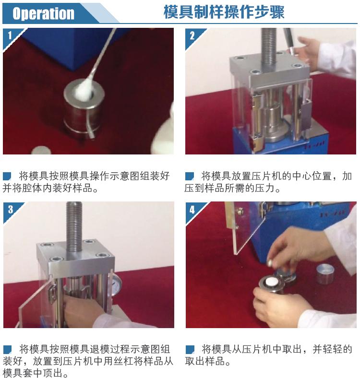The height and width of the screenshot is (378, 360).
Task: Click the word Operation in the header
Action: (x=43, y=13)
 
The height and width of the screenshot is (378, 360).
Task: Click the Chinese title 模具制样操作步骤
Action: (x=224, y=12)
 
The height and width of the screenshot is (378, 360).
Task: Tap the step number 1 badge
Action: (x=10, y=35)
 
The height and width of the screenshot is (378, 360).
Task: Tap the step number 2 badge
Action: (x=192, y=35)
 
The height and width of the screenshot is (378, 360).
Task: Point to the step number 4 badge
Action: (x=192, y=210)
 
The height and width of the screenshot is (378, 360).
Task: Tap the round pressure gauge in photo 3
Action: (x=116, y=284)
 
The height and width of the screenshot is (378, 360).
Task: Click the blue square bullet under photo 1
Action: (x=7, y=176)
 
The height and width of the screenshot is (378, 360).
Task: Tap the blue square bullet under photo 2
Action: (x=190, y=176)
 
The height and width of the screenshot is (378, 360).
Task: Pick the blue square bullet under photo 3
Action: (x=7, y=350)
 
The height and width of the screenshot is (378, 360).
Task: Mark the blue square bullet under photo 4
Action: (x=190, y=350)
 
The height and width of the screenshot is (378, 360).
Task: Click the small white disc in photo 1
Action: (x=41, y=151)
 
